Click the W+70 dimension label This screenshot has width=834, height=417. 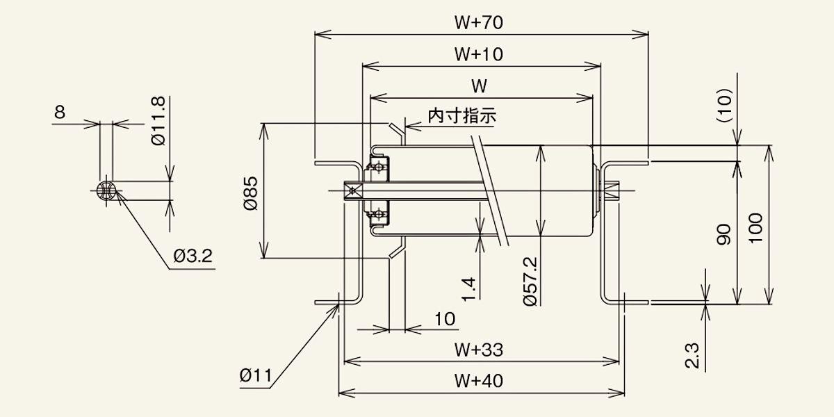[478, 22]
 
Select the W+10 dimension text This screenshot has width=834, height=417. [478, 54]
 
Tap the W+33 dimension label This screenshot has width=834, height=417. [478, 350]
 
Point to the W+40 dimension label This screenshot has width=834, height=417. [478, 381]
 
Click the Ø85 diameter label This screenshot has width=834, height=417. [251, 193]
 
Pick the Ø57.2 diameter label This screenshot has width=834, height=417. [530, 281]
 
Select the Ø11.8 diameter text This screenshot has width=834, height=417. [158, 121]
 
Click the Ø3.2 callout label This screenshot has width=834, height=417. [193, 256]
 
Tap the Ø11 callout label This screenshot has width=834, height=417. [256, 375]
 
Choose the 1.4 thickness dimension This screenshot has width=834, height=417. [468, 289]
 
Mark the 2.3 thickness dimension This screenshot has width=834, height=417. [692, 356]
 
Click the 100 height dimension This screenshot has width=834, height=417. [755, 229]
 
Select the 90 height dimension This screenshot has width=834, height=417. [723, 235]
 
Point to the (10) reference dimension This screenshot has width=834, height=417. [724, 105]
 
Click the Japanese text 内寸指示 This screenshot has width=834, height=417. [461, 116]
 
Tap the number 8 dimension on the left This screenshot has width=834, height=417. [60, 112]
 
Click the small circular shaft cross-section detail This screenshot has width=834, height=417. [106, 190]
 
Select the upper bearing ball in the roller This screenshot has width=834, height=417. [379, 167]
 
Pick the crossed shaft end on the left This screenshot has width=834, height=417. [352, 191]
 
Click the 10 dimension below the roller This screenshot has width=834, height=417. [445, 319]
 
